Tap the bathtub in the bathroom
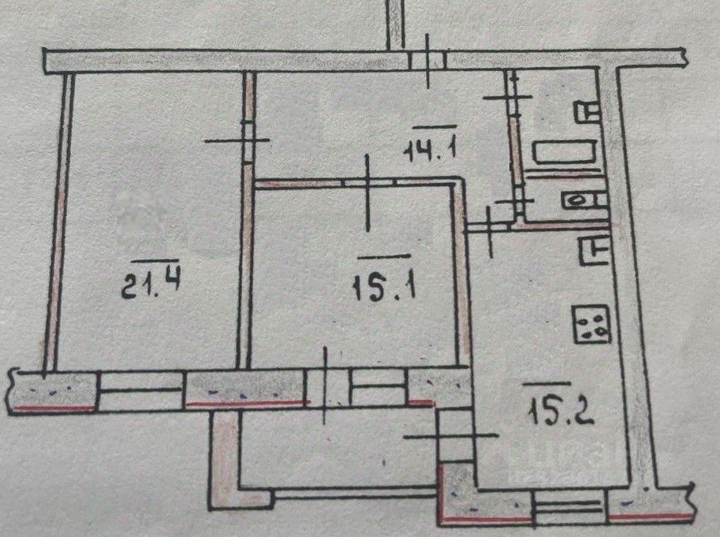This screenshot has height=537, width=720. point(564,153)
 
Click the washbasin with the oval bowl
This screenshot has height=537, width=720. point(583,200)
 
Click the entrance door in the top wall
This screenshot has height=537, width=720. point(427,60)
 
